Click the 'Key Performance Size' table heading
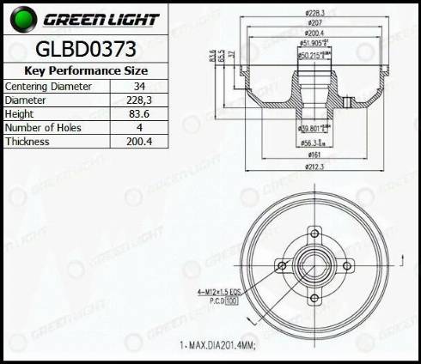[85, 70]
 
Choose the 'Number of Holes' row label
[40, 128]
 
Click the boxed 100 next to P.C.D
[232, 301]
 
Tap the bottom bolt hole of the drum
[314, 299]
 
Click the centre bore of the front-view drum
[314, 265]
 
